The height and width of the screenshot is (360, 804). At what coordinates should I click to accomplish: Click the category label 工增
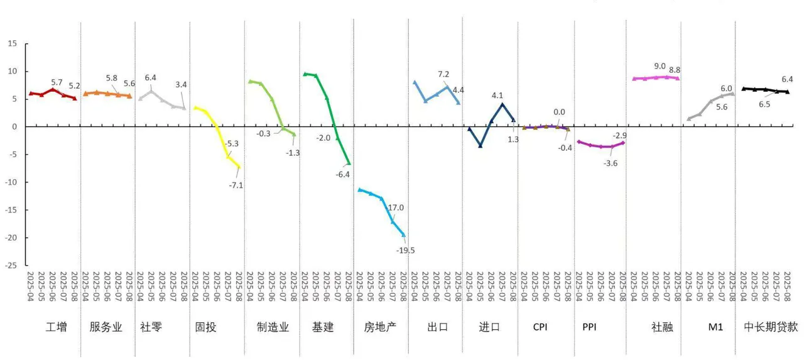pyautogui.click(x=57, y=327)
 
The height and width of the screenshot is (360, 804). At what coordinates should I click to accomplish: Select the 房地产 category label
pyautogui.click(x=380, y=327)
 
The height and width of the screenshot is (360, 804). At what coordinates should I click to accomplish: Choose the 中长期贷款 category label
pyautogui.click(x=771, y=327)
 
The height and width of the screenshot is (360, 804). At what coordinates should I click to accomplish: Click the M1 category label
pyautogui.click(x=715, y=327)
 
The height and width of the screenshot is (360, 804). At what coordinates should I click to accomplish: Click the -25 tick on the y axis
pyautogui.click(x=12, y=265)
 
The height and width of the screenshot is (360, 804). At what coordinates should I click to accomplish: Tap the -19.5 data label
pyautogui.click(x=405, y=250)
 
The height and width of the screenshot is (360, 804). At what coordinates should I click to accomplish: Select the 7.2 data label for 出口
pyautogui.click(x=444, y=75)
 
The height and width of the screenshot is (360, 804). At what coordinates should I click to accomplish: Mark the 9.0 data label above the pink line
pyautogui.click(x=660, y=66)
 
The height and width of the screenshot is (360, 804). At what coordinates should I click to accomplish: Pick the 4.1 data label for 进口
pyautogui.click(x=497, y=95)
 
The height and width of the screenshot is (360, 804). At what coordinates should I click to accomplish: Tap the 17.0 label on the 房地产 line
pyautogui.click(x=396, y=208)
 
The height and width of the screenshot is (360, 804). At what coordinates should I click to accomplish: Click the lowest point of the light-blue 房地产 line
pyautogui.click(x=403, y=234)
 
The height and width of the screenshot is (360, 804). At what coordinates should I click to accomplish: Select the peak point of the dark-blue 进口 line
pyautogui.click(x=503, y=104)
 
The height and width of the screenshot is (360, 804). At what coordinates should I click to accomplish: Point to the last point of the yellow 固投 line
pyautogui.click(x=238, y=166)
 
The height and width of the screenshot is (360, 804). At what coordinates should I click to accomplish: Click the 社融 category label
pyautogui.click(x=662, y=327)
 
